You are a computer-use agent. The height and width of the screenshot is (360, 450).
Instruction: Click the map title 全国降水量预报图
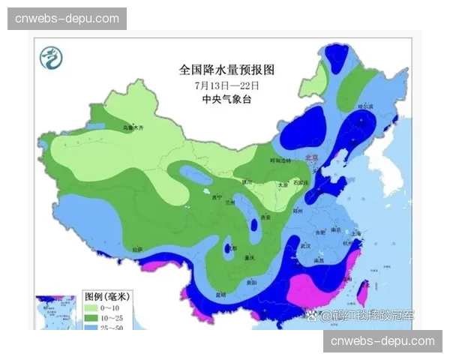(x=226, y=70)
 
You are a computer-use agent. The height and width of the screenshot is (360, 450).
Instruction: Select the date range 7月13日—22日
(x=226, y=85)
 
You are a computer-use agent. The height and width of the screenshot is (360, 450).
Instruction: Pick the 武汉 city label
(x=304, y=245)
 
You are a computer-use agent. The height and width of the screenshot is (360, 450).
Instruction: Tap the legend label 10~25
(x=115, y=318)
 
